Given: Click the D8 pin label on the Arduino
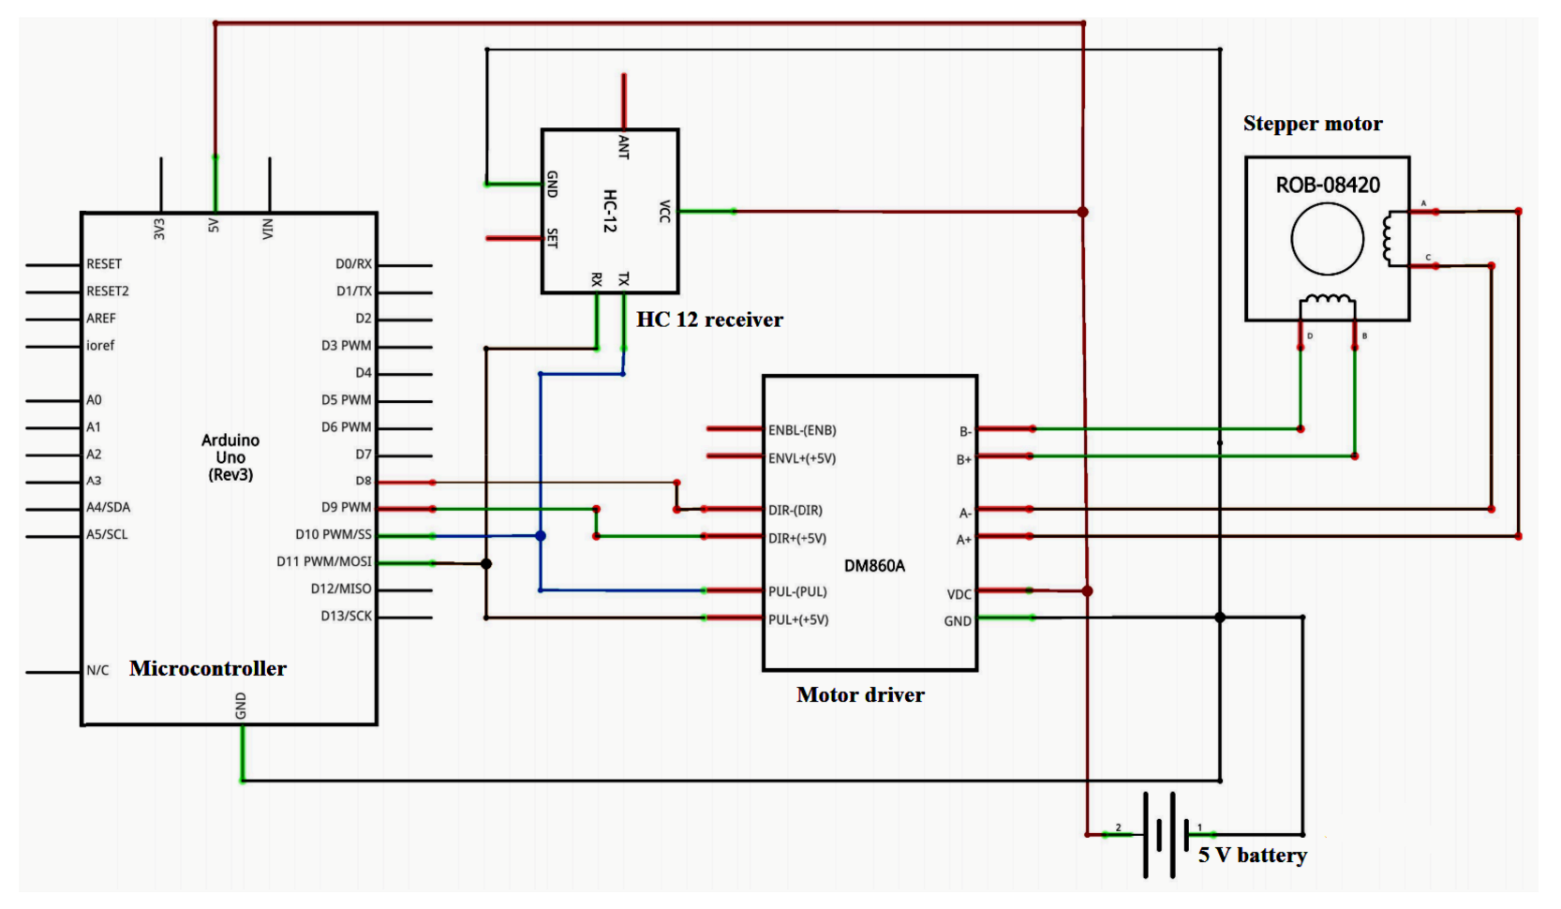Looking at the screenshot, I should coord(363,481).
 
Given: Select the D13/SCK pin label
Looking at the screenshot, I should coord(346,616).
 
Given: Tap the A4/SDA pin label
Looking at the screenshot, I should coord(109,507).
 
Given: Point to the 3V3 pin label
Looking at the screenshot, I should coord(159,229).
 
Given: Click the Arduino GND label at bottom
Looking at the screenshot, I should coord(241,706).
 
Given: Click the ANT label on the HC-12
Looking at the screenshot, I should coord(623,146).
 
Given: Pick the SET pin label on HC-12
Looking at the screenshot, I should coord(552,238).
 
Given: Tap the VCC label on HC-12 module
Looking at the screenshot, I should coord(664,212).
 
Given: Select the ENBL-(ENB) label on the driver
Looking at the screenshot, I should coord(802,430).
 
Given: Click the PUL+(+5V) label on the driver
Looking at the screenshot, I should coord(798,619).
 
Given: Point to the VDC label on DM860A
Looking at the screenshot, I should coord(959,594).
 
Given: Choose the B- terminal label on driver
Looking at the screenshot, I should coord(964,431).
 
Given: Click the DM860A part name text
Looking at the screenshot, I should coord(874,566).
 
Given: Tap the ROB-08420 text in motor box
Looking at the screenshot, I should coord(1327,185).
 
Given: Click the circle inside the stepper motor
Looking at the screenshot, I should coord(1327,239).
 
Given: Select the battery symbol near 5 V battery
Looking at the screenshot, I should coord(1160,834).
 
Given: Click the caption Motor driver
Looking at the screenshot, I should coord(859,694).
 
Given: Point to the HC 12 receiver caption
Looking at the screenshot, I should coord(709,320).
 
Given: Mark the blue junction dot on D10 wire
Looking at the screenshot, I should coord(541,536).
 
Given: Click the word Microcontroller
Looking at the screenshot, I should coord(208,668).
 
